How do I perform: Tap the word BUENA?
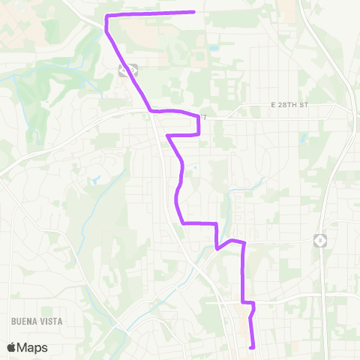(23, 320)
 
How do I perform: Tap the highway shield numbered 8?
(319, 240)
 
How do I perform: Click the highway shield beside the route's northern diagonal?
(125, 70)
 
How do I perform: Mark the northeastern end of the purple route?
(194, 12)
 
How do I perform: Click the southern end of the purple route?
(251, 347)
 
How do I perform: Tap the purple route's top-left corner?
(106, 16)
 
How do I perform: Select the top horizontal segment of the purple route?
(150, 13)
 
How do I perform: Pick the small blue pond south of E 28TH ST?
(304, 138)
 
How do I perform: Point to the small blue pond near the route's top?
(214, 48)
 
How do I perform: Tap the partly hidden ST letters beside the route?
(202, 117)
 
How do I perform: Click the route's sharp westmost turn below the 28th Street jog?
(167, 136)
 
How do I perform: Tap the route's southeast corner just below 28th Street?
(199, 135)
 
